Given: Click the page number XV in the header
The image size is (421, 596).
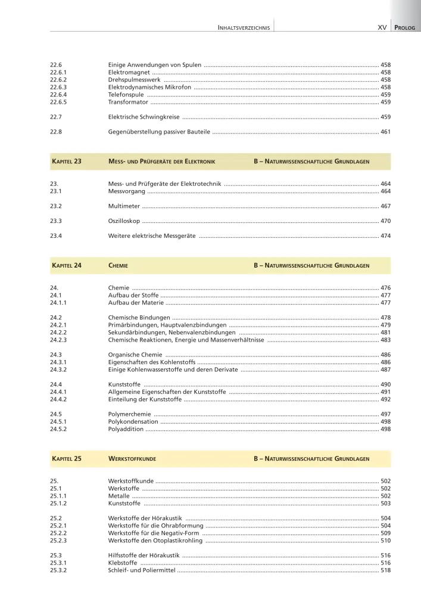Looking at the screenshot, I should (383, 27).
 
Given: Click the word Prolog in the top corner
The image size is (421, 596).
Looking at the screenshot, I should (406, 27).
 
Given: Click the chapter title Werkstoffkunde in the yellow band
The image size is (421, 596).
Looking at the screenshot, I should (132, 459).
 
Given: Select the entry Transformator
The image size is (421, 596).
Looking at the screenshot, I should (129, 103).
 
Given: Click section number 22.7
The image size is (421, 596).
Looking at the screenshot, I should (57, 117).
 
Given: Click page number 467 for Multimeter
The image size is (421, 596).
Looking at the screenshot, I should (385, 206).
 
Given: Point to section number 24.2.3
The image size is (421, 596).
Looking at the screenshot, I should (60, 340).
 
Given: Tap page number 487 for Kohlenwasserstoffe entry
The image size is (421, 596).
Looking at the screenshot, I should (385, 370).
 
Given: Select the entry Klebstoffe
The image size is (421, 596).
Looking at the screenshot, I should (123, 563).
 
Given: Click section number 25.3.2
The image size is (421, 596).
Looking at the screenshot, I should (60, 570).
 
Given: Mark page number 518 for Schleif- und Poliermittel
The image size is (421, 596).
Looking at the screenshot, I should (385, 570).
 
